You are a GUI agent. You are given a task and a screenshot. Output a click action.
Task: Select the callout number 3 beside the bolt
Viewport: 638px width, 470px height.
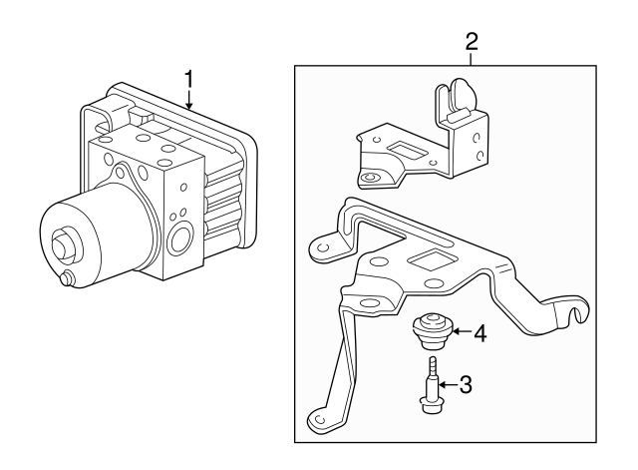(465, 383)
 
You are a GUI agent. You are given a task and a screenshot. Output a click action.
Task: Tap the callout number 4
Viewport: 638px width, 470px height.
(480, 333)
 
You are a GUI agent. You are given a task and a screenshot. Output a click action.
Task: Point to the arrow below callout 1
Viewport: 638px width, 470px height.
(187, 100)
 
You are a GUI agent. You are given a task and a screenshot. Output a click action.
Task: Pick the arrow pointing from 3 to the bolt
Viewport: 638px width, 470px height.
(447, 383)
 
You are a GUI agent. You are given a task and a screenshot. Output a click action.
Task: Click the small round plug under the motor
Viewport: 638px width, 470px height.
(68, 280)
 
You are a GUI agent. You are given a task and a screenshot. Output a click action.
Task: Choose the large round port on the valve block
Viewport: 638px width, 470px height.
(182, 239)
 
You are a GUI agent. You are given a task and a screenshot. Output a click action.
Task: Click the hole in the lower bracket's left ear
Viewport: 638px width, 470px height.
(322, 244)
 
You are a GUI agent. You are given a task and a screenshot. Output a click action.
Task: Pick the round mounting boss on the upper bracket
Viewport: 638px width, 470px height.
(371, 179)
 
